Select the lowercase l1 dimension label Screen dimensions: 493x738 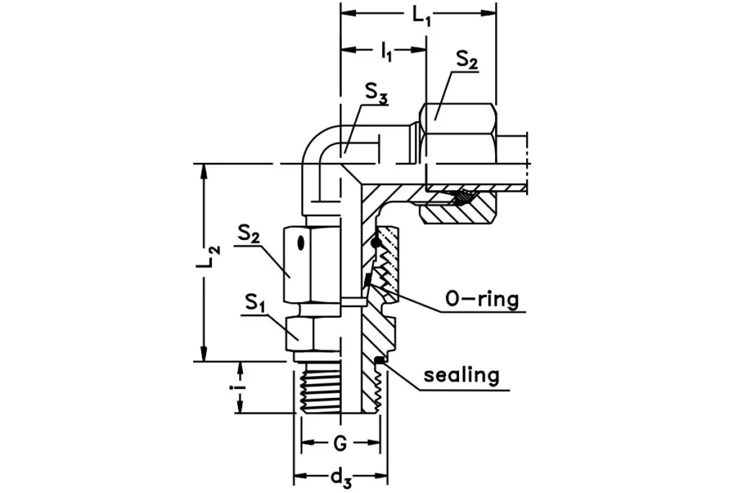click(386, 52)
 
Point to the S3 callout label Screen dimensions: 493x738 click(375, 92)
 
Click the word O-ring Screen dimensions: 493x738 click(482, 299)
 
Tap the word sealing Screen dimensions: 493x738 click(461, 376)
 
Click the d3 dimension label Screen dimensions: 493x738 click(340, 476)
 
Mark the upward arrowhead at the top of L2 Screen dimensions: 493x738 click(205, 170)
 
